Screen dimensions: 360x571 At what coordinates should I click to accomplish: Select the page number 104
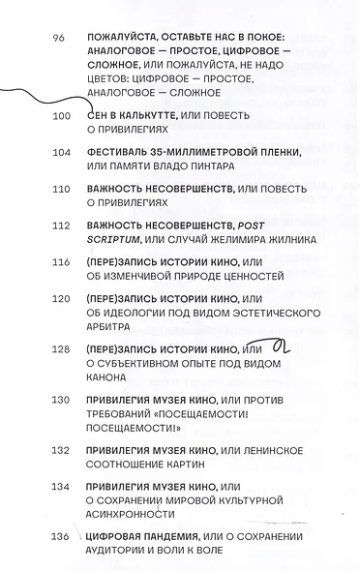pos(60,152)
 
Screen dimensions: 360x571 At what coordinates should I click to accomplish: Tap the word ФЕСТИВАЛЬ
pos(121,152)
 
